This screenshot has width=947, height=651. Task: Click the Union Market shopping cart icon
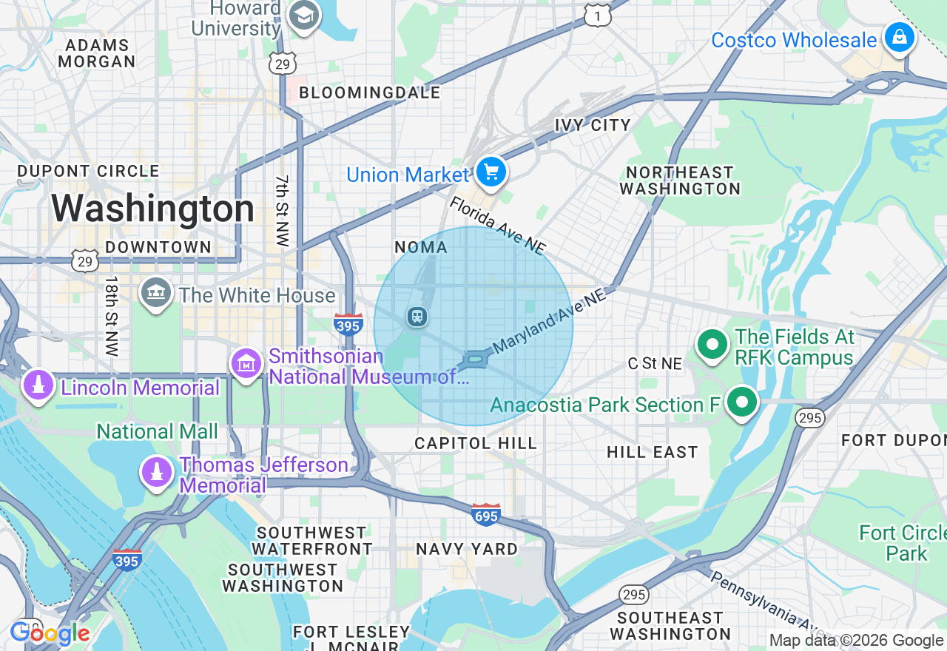coord(491,173)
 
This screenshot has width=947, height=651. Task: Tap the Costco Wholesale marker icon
coord(899,37)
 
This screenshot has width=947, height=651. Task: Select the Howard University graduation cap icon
coord(303,16)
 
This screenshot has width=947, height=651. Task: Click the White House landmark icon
coord(156,293)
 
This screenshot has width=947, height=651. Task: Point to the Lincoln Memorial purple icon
coord(38,385)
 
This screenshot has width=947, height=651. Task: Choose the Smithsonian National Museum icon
coord(246,363)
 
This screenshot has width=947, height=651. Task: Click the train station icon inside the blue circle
coord(417,317)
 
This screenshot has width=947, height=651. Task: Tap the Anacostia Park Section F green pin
coord(742,402)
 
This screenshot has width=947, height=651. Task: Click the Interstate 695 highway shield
coord(486,513)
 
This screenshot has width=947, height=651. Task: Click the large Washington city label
coord(152,209)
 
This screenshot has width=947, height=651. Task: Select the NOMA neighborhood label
coord(421,247)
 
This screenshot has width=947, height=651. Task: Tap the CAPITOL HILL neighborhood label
coord(475,443)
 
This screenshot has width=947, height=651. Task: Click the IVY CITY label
coord(593,125)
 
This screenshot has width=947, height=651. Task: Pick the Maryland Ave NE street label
coord(548,320)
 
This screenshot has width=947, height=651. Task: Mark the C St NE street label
coord(655,363)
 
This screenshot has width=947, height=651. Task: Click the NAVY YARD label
coord(466,549)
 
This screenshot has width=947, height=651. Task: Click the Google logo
coord(50,633)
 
